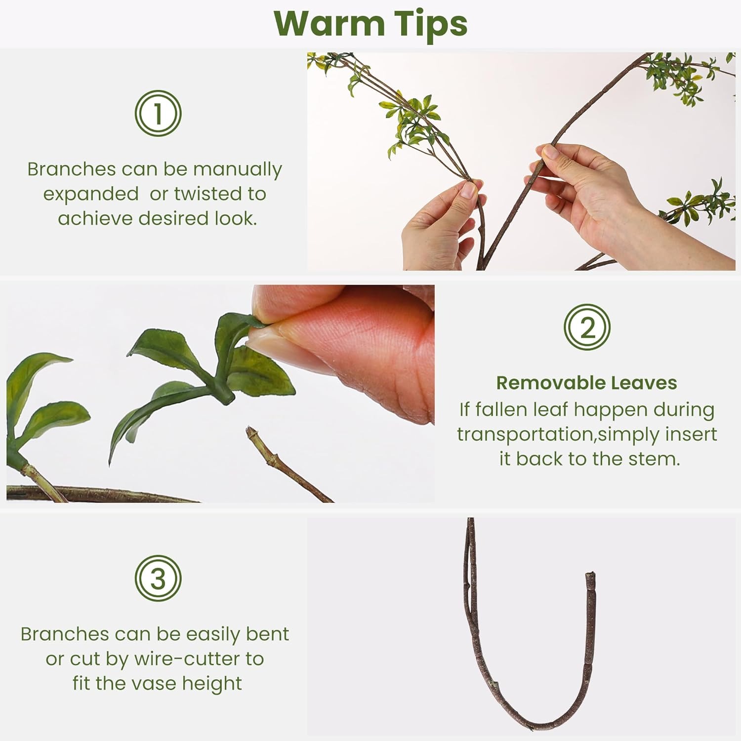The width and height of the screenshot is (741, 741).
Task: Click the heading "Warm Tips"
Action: (x=370, y=24)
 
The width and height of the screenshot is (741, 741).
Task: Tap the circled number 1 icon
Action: (x=158, y=114)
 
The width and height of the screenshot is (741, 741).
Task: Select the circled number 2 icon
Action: (x=587, y=327)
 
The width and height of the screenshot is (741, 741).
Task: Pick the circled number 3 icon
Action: (x=158, y=578)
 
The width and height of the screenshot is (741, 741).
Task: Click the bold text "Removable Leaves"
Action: (x=586, y=383)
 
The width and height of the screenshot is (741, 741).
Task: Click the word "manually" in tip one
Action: (x=237, y=169)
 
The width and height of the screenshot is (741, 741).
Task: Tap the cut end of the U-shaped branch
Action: (x=590, y=576)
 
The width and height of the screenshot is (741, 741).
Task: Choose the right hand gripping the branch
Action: (x=593, y=198)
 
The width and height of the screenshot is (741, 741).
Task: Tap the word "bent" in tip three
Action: (x=268, y=634)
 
